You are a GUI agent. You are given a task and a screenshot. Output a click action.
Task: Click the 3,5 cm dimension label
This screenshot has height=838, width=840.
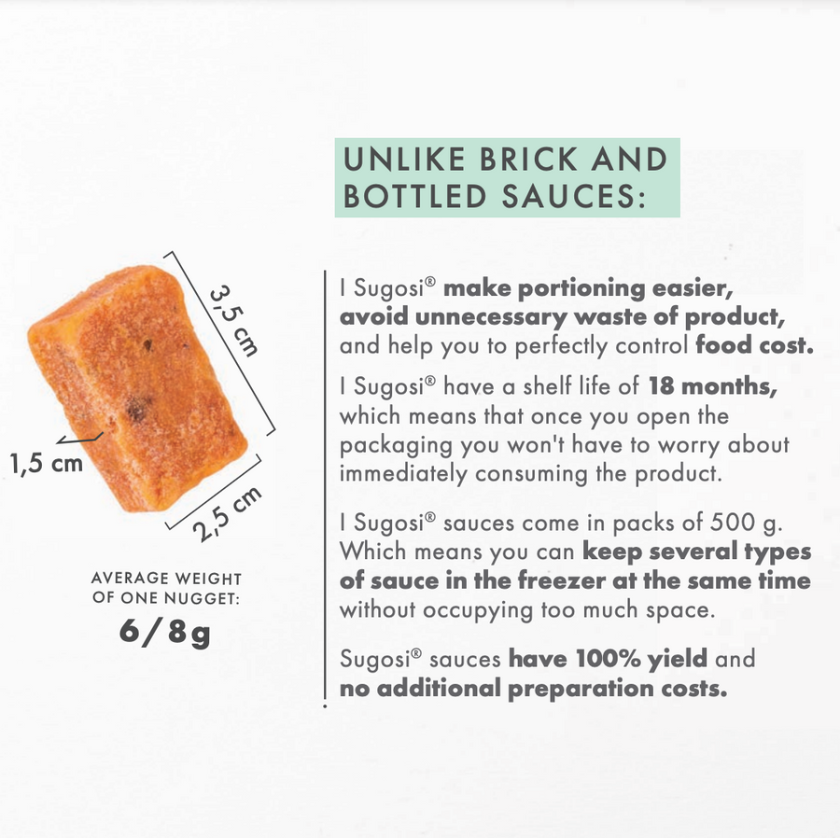click(x=233, y=321)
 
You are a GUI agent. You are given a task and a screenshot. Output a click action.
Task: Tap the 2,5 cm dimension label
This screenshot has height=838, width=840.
click(x=227, y=513)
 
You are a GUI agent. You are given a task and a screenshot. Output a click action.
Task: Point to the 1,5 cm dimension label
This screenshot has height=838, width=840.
click(x=47, y=464)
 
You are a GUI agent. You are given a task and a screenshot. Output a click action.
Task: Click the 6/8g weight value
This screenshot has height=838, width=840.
click(x=164, y=632)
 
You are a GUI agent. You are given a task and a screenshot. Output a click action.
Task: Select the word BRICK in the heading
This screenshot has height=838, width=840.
click(x=528, y=160)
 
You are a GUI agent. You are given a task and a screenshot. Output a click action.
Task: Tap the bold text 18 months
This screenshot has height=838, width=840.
click(x=712, y=386)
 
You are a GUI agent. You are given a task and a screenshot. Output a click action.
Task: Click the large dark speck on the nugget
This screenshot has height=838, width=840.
click(x=137, y=410)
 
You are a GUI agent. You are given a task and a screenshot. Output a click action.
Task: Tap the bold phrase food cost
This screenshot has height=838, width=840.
click(x=754, y=345)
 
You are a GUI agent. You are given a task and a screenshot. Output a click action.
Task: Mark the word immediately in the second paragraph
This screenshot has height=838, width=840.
click(x=403, y=474)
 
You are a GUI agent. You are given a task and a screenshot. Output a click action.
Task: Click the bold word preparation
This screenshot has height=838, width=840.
click(x=581, y=690)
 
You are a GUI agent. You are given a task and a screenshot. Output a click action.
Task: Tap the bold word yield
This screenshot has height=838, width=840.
click(x=678, y=660)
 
